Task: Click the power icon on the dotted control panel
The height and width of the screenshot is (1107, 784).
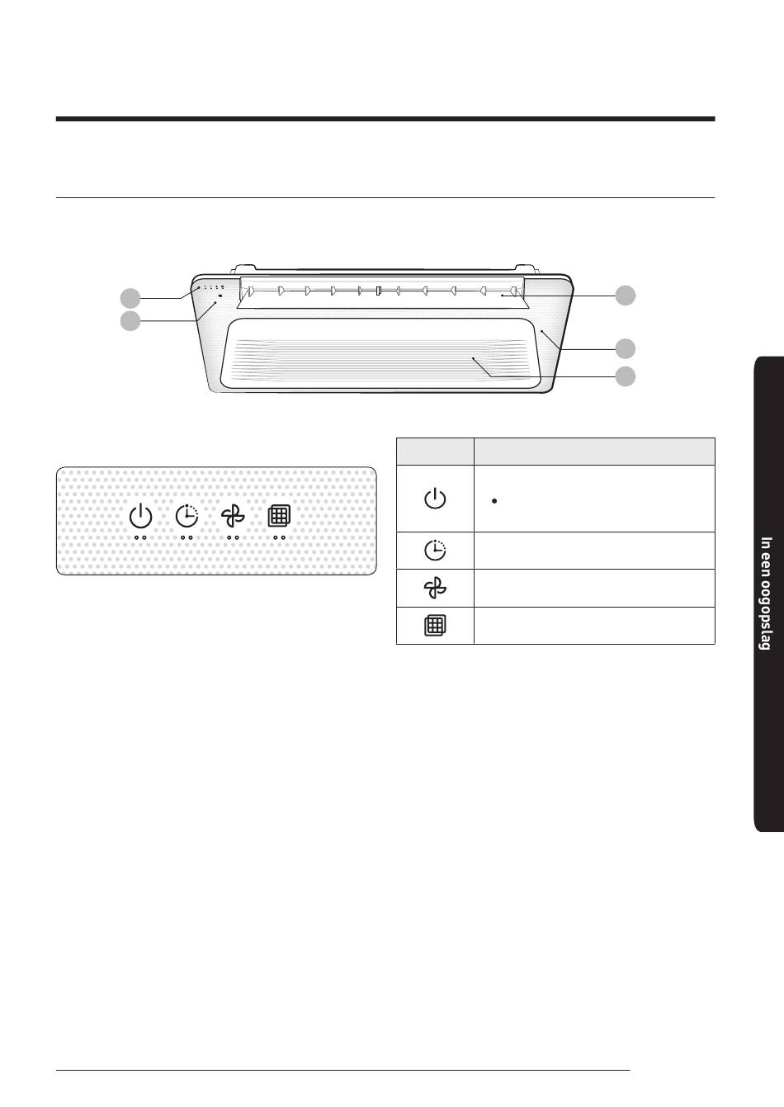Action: click(141, 517)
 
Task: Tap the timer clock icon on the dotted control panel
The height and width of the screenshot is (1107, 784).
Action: click(187, 516)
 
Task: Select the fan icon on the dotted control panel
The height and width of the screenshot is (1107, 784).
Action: click(233, 517)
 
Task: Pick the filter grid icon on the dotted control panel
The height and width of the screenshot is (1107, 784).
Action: click(279, 517)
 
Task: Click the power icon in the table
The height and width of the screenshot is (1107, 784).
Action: click(435, 499)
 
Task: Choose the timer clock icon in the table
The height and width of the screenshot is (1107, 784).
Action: click(435, 550)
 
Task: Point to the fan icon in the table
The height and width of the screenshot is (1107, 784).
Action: click(435, 588)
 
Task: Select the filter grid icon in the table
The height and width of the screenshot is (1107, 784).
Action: click(435, 625)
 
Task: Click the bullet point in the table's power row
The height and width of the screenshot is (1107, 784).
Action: click(494, 501)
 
